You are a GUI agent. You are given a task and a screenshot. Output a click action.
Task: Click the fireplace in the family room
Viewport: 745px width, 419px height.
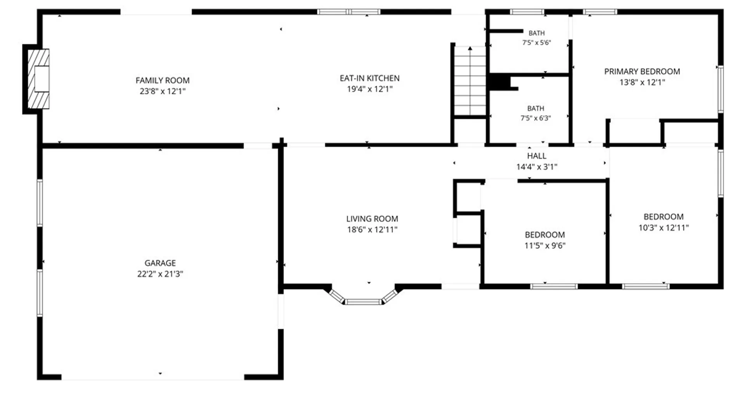38,79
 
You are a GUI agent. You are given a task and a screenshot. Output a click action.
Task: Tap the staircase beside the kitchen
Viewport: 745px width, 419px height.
470,81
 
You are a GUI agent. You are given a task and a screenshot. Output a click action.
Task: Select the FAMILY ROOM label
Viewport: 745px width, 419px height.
163,80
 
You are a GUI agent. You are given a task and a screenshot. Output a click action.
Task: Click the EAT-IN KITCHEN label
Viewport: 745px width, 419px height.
370,78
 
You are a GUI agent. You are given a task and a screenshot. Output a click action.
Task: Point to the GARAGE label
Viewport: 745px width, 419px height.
160,263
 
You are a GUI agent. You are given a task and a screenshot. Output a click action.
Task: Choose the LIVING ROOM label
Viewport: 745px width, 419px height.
372,219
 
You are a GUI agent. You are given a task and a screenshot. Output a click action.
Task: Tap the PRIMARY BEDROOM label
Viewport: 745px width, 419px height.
642,71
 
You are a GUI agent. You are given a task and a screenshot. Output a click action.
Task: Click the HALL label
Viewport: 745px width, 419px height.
537,156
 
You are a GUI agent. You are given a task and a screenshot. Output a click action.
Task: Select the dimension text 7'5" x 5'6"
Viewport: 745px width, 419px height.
537,43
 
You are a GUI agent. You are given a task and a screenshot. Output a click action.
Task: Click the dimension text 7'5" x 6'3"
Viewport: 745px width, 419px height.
536,118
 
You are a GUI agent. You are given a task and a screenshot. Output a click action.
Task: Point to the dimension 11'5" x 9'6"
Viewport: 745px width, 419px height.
545,246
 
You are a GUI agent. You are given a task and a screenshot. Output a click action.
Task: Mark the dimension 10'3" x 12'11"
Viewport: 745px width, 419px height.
664,228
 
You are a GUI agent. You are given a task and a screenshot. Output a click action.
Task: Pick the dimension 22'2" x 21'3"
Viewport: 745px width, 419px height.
160,274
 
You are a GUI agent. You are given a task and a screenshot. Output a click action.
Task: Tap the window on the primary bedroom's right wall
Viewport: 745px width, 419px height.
721,89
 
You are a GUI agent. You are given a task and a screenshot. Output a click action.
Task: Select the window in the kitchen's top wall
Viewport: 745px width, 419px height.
349,12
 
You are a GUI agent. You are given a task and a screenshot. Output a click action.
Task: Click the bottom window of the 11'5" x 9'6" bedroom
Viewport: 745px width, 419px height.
554,287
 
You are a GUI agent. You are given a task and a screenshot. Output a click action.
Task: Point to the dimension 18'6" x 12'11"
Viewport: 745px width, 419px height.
372,230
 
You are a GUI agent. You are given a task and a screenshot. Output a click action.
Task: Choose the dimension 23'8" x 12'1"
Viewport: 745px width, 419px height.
163,91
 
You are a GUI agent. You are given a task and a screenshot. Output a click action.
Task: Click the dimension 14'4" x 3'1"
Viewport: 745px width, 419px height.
537,167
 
